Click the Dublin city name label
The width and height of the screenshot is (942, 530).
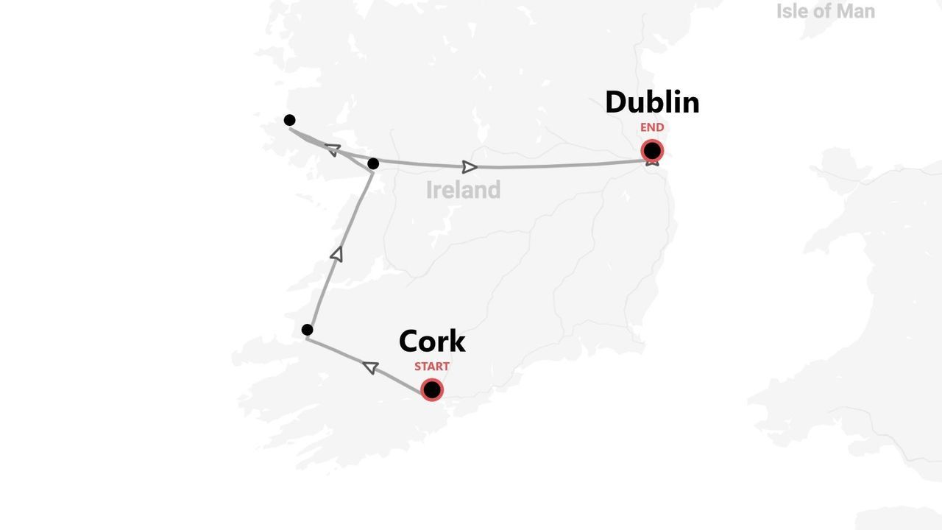click(x=652, y=102)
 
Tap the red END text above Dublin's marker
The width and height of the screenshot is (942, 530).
click(x=652, y=127)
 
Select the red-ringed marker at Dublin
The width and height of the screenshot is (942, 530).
click(x=652, y=151)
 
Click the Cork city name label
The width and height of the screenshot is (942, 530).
click(x=432, y=341)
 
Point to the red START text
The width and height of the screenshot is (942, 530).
click(x=432, y=366)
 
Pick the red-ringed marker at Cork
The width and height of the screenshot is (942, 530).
click(x=432, y=389)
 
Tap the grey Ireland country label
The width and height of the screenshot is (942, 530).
click(x=463, y=190)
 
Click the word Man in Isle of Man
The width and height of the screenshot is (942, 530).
click(x=854, y=11)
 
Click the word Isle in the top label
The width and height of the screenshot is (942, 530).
click(x=792, y=11)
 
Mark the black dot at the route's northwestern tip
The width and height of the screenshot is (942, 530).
click(x=289, y=120)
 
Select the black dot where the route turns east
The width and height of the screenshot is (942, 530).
click(x=373, y=163)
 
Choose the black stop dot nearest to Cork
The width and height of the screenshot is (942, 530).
click(x=308, y=330)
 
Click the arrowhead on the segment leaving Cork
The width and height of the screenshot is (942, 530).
click(x=371, y=367)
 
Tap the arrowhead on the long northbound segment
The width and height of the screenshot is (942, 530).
click(x=337, y=254)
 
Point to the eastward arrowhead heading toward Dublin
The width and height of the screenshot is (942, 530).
click(x=470, y=167)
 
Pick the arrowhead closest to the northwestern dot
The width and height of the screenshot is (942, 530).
click(x=333, y=149)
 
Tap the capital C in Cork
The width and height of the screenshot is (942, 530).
click(x=410, y=341)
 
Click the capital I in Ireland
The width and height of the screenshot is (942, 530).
click(x=429, y=190)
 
